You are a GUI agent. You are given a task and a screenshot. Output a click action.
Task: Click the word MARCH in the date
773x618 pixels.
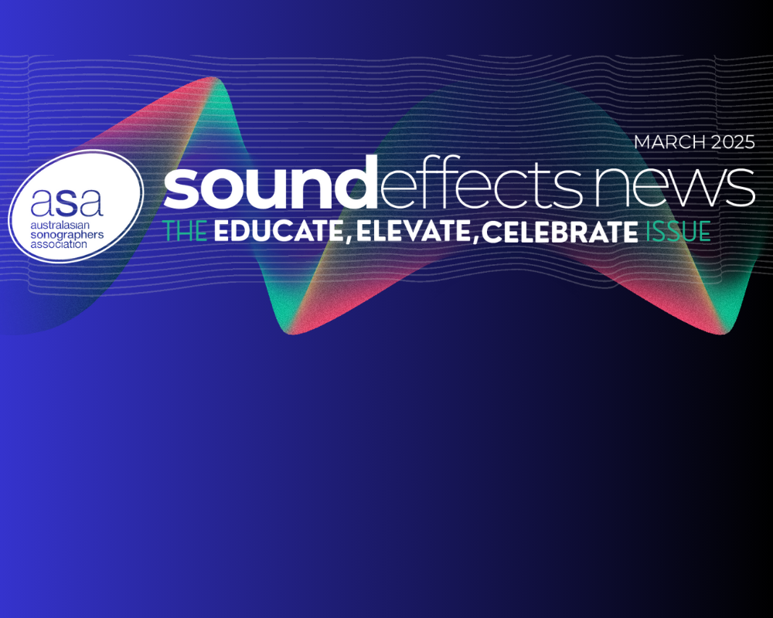pyautogui.click(x=670, y=142)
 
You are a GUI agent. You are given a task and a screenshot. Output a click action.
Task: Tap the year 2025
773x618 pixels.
pyautogui.click(x=733, y=142)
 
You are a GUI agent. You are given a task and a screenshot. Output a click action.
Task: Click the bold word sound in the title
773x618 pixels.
pyautogui.click(x=271, y=182)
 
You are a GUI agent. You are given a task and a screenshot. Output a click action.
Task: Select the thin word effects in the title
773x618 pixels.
pyautogui.click(x=482, y=182)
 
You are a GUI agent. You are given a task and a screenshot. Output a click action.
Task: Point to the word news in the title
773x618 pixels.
pyautogui.click(x=674, y=187)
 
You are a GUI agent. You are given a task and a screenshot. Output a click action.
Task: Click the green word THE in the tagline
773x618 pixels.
pyautogui.click(x=185, y=231)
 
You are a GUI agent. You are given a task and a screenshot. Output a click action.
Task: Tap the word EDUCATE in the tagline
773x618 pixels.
pyautogui.click(x=278, y=231)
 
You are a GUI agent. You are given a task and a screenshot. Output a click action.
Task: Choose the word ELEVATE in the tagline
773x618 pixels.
pyautogui.click(x=414, y=231)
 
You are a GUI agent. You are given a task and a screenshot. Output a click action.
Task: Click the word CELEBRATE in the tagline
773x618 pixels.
pyautogui.click(x=560, y=232)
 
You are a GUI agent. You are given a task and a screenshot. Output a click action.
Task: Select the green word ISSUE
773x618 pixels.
pyautogui.click(x=679, y=231)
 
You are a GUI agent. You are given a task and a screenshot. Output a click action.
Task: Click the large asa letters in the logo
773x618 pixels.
pyautogui.click(x=67, y=202)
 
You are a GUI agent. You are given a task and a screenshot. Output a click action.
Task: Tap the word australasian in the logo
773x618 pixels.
pyautogui.click(x=60, y=225)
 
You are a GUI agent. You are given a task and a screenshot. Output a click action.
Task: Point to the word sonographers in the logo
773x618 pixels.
pyautogui.click(x=67, y=235)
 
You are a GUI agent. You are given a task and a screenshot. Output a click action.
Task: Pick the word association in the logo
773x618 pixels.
pyautogui.click(x=59, y=244)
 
